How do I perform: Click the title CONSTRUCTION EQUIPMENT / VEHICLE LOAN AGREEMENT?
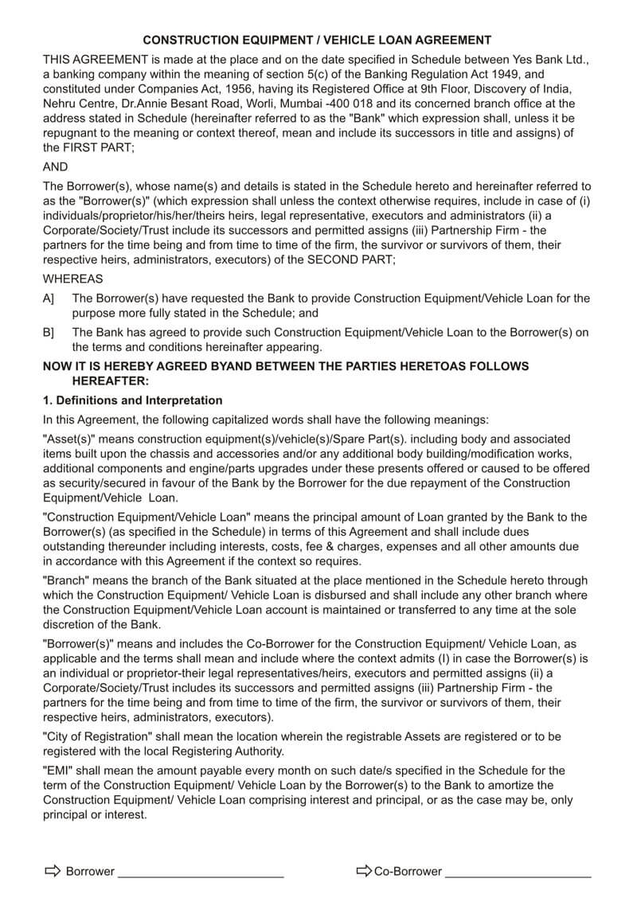click(317, 40)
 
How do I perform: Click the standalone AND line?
click(55, 167)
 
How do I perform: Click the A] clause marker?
click(49, 299)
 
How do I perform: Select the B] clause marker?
click(49, 333)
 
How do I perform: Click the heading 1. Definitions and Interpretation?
click(132, 400)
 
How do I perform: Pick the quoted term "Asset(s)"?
click(69, 439)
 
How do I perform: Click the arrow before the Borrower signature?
click(53, 871)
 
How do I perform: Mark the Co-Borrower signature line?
click(518, 875)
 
